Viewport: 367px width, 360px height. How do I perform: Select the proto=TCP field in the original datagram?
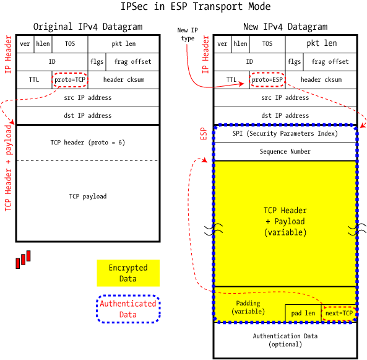[69, 79]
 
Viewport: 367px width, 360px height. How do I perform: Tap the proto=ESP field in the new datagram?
[267, 79]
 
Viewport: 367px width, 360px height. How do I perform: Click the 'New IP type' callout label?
[186, 34]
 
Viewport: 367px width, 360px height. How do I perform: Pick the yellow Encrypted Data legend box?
[128, 273]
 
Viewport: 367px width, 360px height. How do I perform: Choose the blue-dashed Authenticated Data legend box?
[128, 309]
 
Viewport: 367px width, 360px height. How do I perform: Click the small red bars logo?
[23, 260]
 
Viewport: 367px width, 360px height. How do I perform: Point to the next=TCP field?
[339, 314]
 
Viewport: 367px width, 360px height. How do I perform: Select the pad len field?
[303, 314]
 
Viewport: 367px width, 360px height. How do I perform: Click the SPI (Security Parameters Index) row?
[285, 134]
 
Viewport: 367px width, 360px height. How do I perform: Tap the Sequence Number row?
[285, 151]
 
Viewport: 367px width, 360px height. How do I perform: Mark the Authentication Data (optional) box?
[285, 340]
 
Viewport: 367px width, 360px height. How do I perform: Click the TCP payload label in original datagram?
[87, 196]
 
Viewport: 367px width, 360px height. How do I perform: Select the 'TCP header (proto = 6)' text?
[87, 143]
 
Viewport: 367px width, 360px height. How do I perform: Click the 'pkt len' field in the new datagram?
[322, 44]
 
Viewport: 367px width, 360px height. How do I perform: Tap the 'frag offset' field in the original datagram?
[133, 62]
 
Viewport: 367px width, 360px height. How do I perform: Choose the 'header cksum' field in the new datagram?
[321, 79]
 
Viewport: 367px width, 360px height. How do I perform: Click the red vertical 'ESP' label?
[203, 134]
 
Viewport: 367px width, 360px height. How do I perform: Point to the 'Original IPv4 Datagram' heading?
[87, 27]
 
